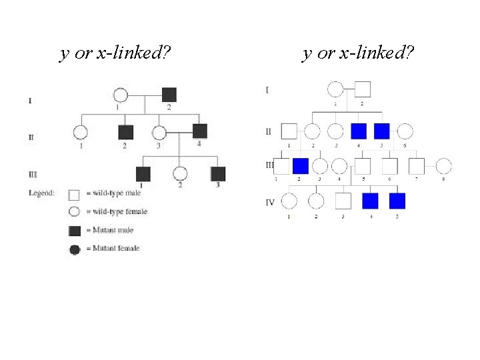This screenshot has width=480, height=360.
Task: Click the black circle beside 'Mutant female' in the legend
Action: point(75,249)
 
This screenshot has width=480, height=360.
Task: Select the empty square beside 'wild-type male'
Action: point(75,194)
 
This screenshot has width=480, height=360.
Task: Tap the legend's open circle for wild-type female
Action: point(75,212)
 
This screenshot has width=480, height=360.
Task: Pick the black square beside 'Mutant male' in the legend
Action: point(75,231)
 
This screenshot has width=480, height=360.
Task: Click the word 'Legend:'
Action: point(42,193)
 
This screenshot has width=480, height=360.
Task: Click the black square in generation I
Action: point(169,95)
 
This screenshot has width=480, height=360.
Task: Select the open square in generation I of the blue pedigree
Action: point(363,89)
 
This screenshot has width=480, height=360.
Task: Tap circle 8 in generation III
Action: point(443,165)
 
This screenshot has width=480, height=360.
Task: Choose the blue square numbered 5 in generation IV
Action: point(397,200)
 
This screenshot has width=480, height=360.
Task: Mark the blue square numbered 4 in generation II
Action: point(359,131)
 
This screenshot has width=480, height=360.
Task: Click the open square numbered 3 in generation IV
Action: point(343,200)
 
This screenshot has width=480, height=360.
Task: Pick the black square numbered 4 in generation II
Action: point(200,131)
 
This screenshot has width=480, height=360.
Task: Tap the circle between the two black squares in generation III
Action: point(179,174)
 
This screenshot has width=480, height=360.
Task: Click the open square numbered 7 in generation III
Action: point(416,165)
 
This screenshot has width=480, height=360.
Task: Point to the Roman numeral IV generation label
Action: point(270,202)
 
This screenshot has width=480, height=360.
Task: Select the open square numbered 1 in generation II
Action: point(289,131)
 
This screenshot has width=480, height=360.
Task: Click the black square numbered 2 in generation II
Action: point(125,133)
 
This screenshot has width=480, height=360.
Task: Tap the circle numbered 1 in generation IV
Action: point(289,200)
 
